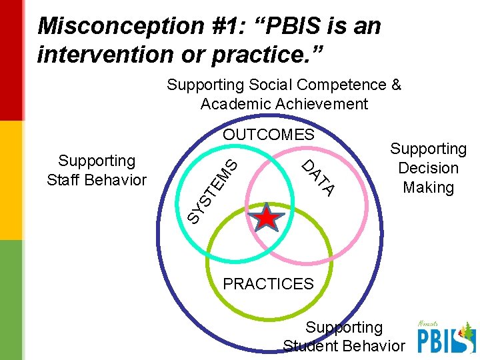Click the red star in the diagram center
(266, 217)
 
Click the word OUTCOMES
(268, 135)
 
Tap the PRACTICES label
(268, 284)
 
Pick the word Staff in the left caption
(66, 180)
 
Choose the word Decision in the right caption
(428, 168)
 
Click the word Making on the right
(428, 188)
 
